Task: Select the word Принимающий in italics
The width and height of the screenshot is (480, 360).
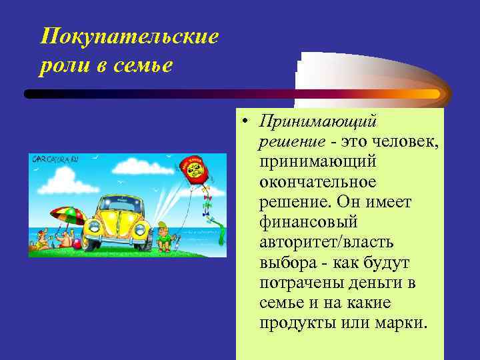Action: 319,122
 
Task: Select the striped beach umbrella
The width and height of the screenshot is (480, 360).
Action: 67,215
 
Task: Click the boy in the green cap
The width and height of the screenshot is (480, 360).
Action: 163,237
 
